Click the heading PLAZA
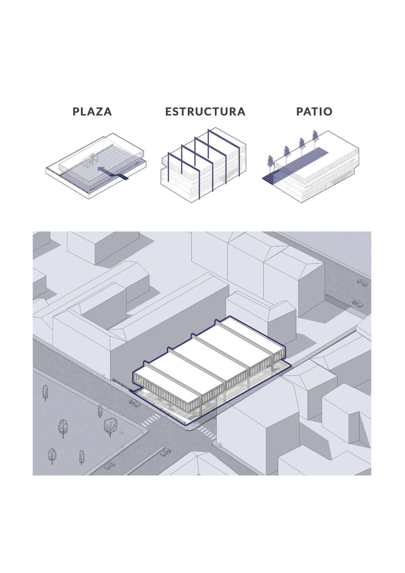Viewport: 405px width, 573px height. pyautogui.click(x=92, y=111)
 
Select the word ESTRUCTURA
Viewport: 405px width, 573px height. pyautogui.click(x=205, y=111)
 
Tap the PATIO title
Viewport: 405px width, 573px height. pyautogui.click(x=314, y=111)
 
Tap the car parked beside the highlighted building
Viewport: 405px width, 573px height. pyautogui.click(x=134, y=402)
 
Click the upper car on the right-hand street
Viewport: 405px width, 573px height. pyautogui.click(x=362, y=282)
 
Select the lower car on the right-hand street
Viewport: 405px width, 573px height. pyautogui.click(x=358, y=303)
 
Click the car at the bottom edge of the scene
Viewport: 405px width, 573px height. pyautogui.click(x=109, y=466)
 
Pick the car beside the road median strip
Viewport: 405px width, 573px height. pyautogui.click(x=166, y=452)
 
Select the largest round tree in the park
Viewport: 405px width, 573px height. pyautogui.click(x=110, y=426)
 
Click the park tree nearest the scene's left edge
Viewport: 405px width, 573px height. pyautogui.click(x=45, y=392)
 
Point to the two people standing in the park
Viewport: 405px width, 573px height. pyautogui.click(x=121, y=432)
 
